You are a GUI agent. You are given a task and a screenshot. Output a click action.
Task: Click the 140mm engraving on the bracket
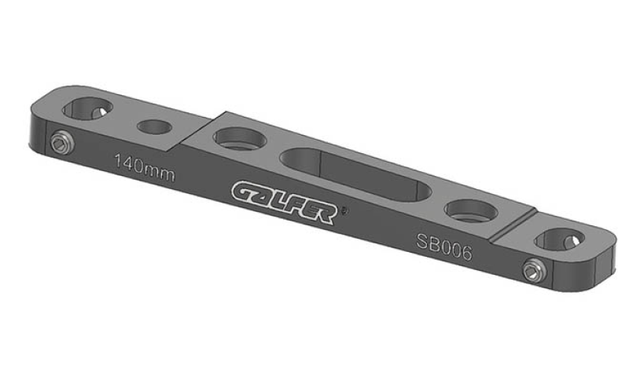point(145,167)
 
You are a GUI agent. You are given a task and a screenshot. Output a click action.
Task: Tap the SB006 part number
point(444,247)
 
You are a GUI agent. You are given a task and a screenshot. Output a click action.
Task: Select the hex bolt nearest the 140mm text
point(63,142)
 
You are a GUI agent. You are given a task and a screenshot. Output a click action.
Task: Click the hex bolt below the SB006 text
point(535,270)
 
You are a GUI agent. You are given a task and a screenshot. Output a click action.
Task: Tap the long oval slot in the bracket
point(355,174)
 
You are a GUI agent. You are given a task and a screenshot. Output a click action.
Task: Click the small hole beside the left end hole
point(154,127)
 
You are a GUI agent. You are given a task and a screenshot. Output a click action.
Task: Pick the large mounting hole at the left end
point(87,108)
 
